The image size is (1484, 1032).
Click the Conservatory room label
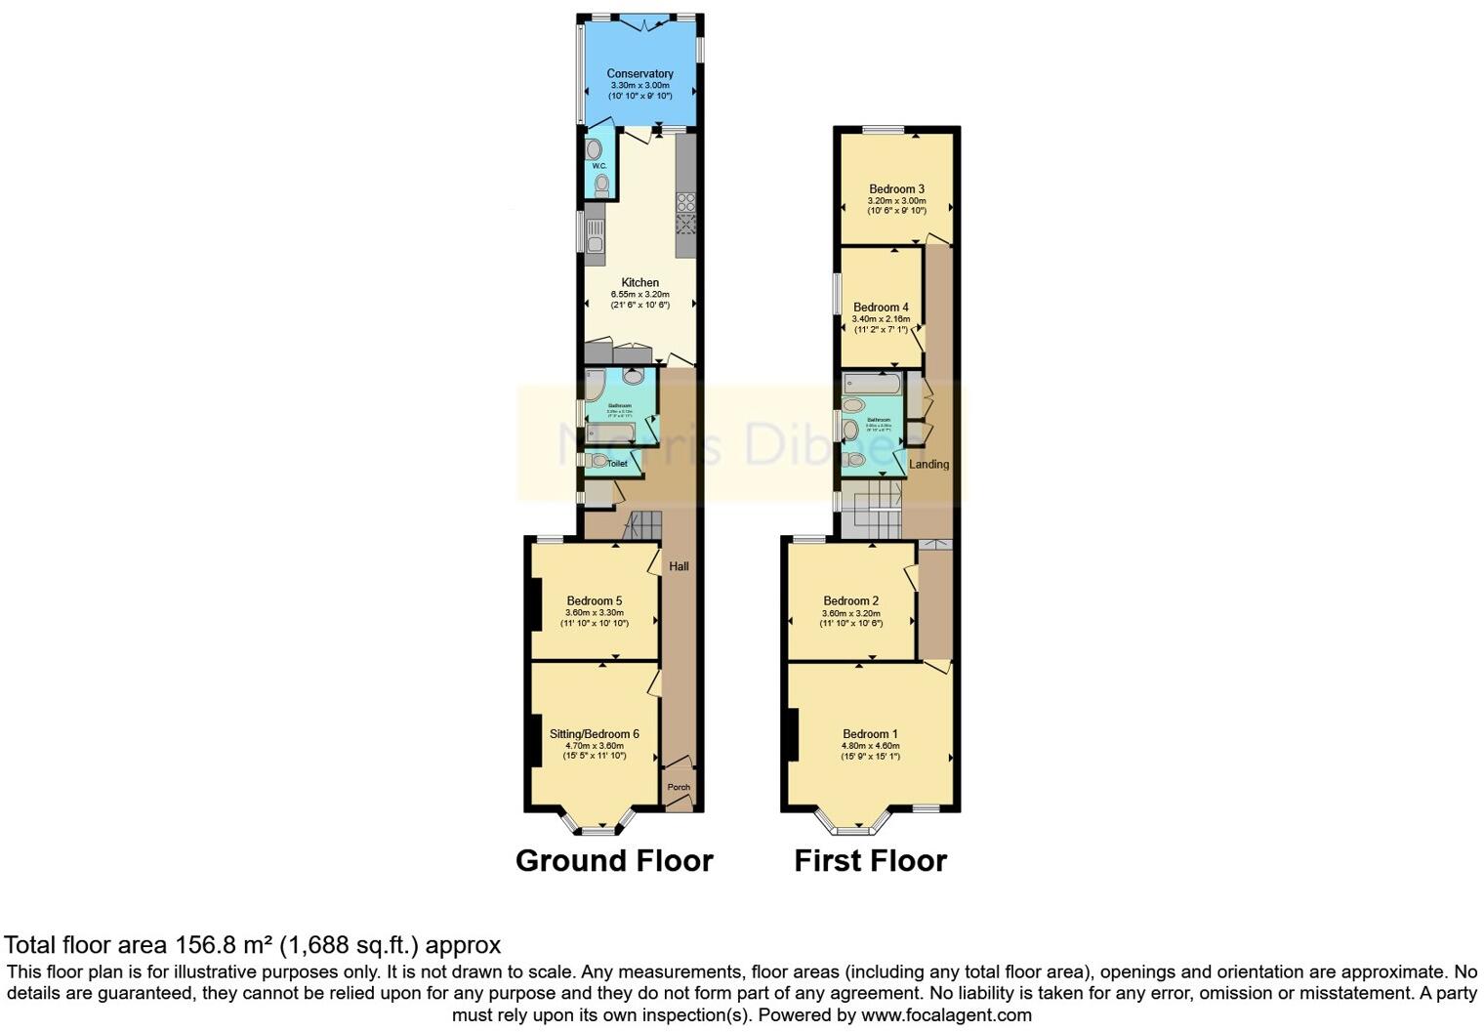tap(639, 73)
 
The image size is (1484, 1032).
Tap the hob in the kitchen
tap(686, 202)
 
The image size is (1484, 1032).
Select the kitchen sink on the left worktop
tap(595, 235)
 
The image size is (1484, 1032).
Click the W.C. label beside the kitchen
tap(598, 166)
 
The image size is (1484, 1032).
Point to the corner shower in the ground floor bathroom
tap(633, 377)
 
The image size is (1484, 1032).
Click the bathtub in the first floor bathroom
tap(872, 383)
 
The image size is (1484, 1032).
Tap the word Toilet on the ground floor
tap(617, 464)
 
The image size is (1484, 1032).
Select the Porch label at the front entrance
tap(679, 787)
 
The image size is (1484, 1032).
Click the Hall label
tap(679, 566)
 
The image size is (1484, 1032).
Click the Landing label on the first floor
tap(928, 465)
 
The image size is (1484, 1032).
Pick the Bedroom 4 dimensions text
tap(881, 319)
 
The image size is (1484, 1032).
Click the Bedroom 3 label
tap(896, 188)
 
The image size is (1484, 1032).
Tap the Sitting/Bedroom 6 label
tap(594, 734)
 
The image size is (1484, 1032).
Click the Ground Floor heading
tap(614, 860)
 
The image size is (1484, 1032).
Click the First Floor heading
tap(870, 860)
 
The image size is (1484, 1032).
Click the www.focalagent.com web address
tap(946, 1014)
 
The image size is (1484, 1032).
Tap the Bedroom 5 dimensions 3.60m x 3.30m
tap(594, 612)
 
